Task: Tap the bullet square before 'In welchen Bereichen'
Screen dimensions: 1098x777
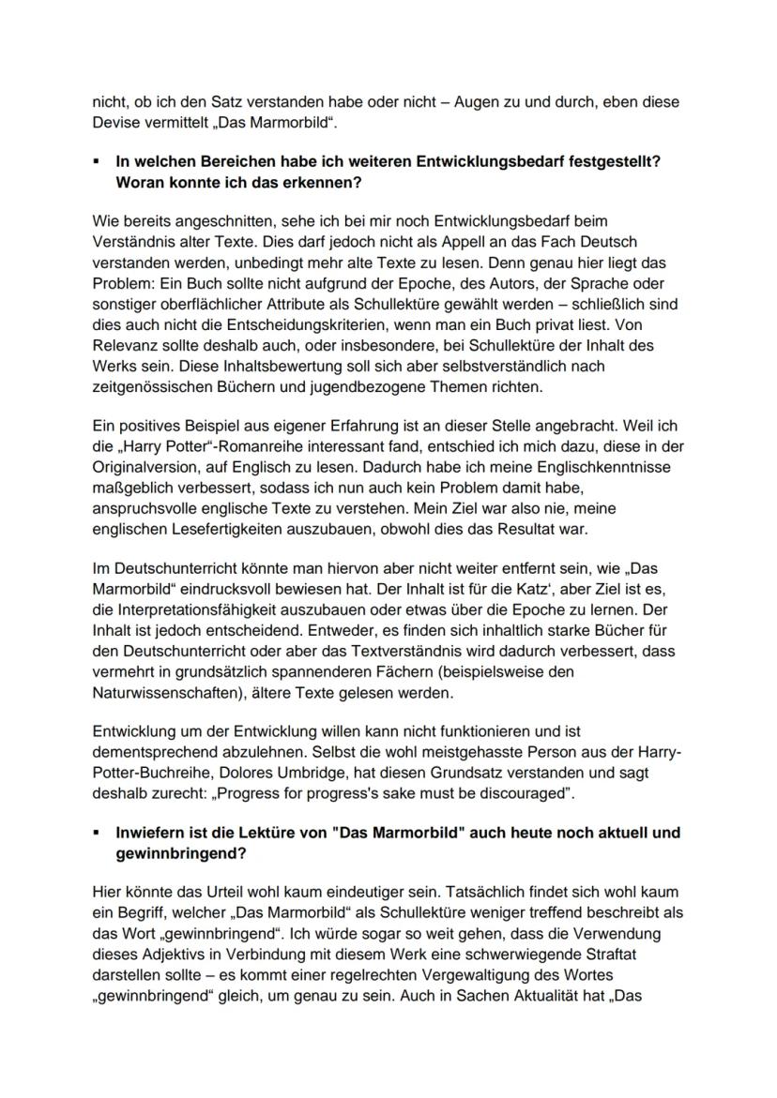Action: (98, 161)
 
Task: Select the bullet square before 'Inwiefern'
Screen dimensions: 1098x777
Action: (98, 833)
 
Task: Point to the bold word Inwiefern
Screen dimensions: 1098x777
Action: (150, 833)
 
